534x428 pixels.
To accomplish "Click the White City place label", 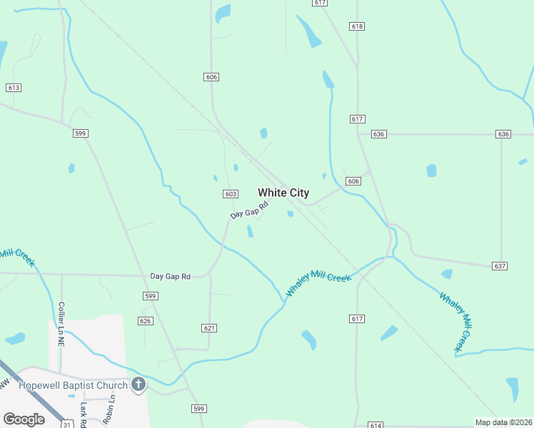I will tap(283, 193).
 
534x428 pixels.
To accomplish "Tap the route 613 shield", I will tap(13, 88).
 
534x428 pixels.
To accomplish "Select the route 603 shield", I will tap(230, 194).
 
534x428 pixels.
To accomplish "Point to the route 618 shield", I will tap(357, 26).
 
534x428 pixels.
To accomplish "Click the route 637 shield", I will tap(500, 266).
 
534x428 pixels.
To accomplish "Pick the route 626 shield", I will tap(146, 321).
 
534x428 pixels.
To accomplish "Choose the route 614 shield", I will tap(376, 425).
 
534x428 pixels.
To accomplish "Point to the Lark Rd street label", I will tap(84, 414).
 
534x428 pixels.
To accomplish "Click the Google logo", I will tap(24, 419).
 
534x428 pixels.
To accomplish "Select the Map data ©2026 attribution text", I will tap(503, 422).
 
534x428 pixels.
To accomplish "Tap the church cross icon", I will tap(138, 385).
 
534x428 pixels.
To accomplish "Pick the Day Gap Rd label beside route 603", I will tap(249, 210).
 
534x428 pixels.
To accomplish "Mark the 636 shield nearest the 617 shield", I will tap(378, 134).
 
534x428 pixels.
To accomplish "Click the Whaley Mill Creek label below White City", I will tap(318, 282).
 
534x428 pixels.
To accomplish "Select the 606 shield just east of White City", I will tap(354, 182).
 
